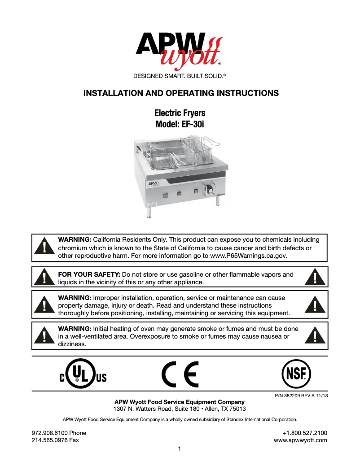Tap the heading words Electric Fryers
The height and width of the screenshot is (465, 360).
coord(180,113)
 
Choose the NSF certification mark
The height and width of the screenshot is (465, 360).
coord(296,374)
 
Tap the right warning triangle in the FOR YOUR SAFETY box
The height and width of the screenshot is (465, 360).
coord(316,278)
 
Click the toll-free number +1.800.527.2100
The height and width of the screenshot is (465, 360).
coord(304,433)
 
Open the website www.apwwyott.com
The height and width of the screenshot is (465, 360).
coord(300,440)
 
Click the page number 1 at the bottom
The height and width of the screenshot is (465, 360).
coord(180,449)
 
